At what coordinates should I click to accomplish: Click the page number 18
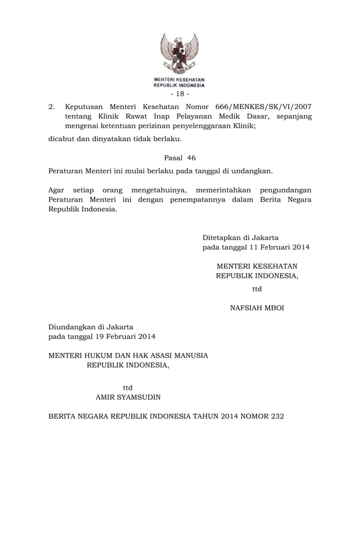pos(179,94)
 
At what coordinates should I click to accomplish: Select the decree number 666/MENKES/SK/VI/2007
pos(264,106)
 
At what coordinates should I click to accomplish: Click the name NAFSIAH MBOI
pos(257,308)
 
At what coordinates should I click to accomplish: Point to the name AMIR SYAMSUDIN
pos(128,397)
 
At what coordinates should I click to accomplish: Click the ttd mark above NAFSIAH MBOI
pos(257,289)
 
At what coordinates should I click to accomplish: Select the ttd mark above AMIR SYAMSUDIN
pos(128,387)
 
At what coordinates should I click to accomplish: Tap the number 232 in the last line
pos(276,416)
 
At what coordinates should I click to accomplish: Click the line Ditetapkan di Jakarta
pos(240,237)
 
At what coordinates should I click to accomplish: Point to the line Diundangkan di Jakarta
pos(91,326)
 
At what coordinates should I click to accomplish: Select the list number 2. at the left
pos(51,106)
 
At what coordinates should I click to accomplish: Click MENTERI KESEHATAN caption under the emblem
pos(179,80)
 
